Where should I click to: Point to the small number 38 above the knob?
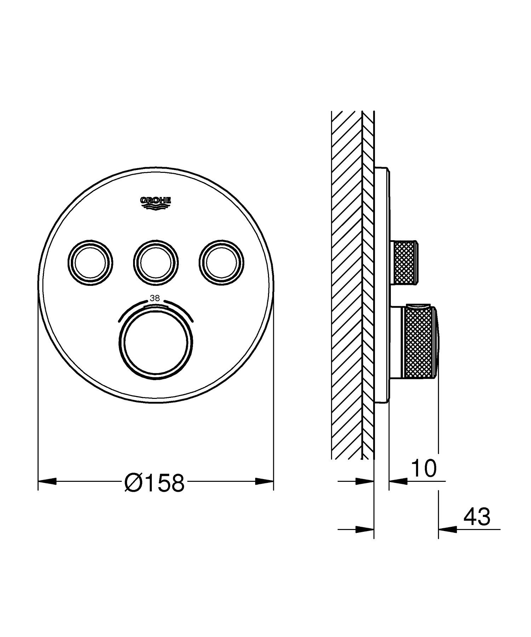(155, 298)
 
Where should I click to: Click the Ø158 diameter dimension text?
(155, 483)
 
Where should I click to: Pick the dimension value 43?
(477, 517)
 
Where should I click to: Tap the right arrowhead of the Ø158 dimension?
(264, 481)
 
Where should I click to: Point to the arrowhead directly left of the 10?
(398, 481)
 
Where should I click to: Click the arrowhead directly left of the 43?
(447, 529)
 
